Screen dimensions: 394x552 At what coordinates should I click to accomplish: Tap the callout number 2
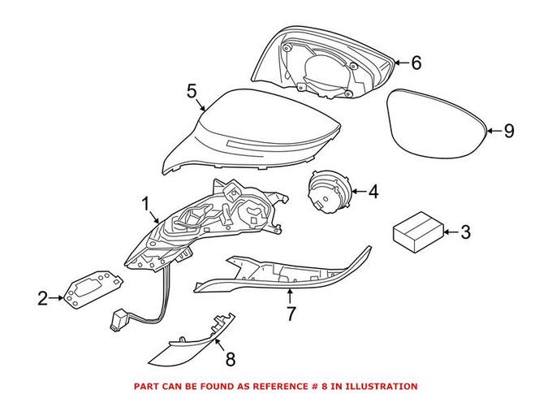pos(43,298)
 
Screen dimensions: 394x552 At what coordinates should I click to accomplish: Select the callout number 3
pos(464,233)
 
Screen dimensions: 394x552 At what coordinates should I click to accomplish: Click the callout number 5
pos(192,90)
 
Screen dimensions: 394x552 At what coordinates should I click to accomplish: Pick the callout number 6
pos(416,62)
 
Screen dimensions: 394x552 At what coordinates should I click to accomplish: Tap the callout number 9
pos(509,130)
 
